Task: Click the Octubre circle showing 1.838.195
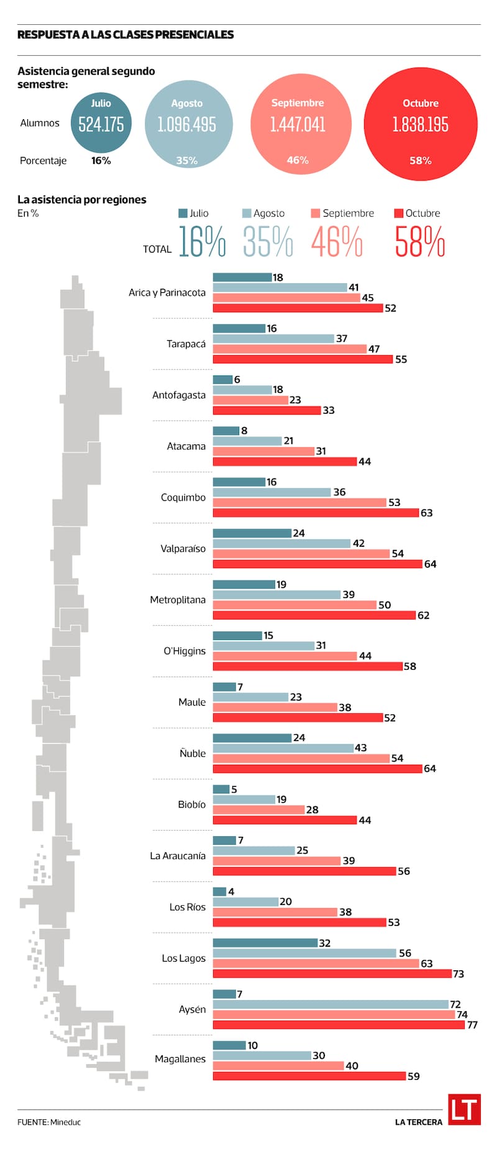tap(421, 124)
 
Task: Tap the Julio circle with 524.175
tap(101, 124)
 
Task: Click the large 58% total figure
tap(420, 241)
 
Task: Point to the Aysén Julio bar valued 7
tap(224, 994)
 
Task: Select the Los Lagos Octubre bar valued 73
tap(332, 973)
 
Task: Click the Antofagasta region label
tap(179, 395)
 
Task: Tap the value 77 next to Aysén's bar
tap(472, 1025)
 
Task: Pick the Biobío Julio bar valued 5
tap(221, 789)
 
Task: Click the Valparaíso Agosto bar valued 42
tap(281, 543)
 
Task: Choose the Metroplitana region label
tap(178, 600)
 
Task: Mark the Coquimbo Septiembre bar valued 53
tap(299, 502)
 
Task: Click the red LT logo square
tap(464, 1109)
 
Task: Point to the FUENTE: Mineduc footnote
tap(49, 1122)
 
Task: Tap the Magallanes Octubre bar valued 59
tap(309, 1076)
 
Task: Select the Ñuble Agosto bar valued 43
tap(283, 748)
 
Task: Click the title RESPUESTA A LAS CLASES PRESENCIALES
tap(125, 35)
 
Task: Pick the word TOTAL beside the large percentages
tap(157, 249)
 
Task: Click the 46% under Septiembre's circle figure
tap(298, 160)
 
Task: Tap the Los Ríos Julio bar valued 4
tap(219, 891)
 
